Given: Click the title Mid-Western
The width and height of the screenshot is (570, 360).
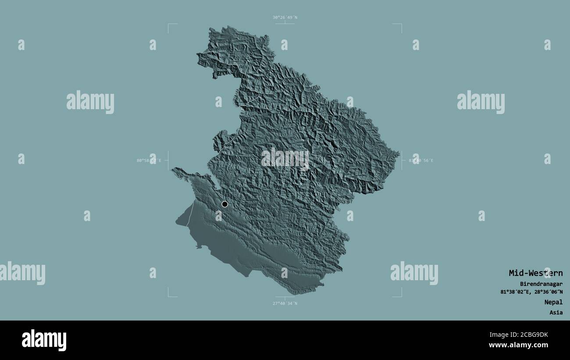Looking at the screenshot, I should pos(535,273).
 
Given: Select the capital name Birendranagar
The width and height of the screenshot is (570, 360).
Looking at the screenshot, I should pos(538,284).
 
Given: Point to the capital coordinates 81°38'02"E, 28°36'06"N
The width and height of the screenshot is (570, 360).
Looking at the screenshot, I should pos(531,292).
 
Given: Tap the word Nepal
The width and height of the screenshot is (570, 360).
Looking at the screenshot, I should pos(554,302).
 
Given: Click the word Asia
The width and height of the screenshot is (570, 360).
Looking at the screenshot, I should pos(556,313).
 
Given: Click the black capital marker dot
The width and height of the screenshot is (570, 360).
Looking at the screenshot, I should pos(225,204).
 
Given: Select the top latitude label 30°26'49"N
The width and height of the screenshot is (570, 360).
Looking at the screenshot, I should pos(285,18).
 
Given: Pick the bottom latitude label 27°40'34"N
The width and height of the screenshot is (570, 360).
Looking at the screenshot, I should pos(285,303).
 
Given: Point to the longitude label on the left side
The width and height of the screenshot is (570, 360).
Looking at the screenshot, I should pos(149,160).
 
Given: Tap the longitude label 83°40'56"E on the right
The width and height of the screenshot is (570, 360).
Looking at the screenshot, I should pos(421,160).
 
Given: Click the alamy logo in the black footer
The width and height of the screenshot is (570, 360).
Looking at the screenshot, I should pos(44,340).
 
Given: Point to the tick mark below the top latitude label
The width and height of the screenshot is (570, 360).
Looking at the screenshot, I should pos(285,23).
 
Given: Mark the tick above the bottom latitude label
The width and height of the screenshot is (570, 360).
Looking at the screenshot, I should pos(285,297).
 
